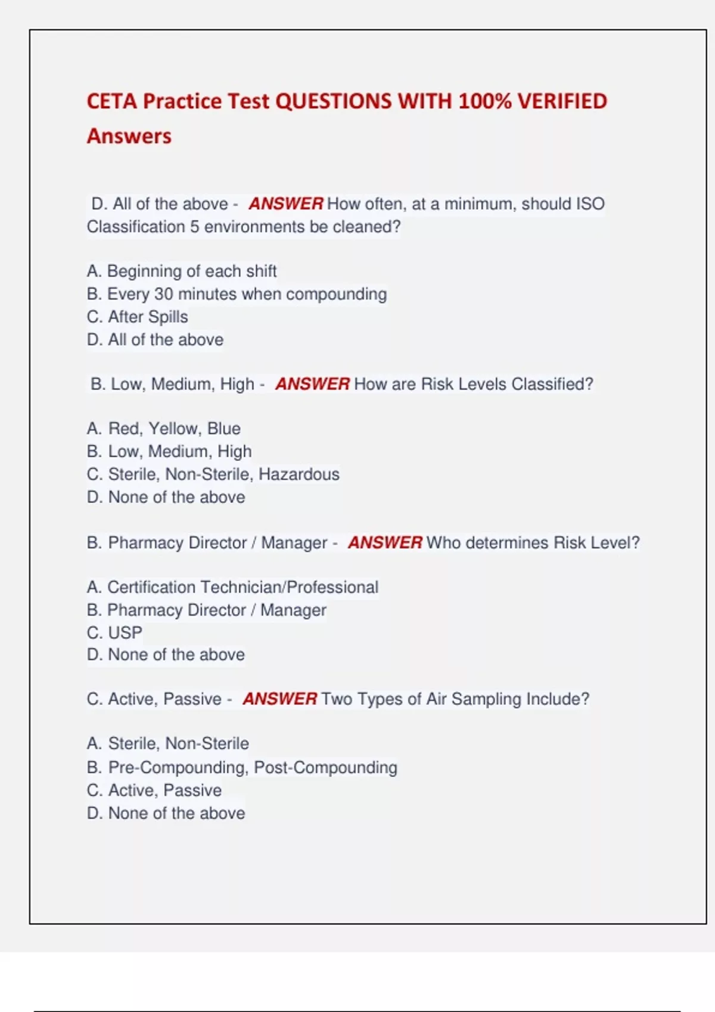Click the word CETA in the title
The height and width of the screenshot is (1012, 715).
click(111, 101)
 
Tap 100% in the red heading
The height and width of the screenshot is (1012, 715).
click(484, 101)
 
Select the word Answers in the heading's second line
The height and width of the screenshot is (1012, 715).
click(129, 136)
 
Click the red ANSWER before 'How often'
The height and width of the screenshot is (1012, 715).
click(286, 204)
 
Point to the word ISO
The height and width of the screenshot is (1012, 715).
click(590, 204)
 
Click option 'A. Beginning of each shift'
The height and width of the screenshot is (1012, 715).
click(182, 271)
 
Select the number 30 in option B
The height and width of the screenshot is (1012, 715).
click(163, 294)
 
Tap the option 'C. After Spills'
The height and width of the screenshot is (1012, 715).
click(138, 317)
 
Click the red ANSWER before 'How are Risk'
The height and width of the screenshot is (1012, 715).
click(312, 384)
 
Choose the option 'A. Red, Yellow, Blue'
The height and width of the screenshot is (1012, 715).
click(164, 429)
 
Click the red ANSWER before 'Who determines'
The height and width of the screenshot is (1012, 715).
click(385, 543)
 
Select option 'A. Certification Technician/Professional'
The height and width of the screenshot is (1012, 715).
click(232, 588)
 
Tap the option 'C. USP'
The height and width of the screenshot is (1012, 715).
click(114, 633)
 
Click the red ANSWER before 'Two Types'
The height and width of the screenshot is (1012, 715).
click(279, 699)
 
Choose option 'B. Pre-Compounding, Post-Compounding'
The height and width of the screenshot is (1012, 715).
click(242, 768)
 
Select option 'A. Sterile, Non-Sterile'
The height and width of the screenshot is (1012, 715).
click(168, 744)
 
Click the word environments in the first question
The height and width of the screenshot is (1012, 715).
click(254, 227)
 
